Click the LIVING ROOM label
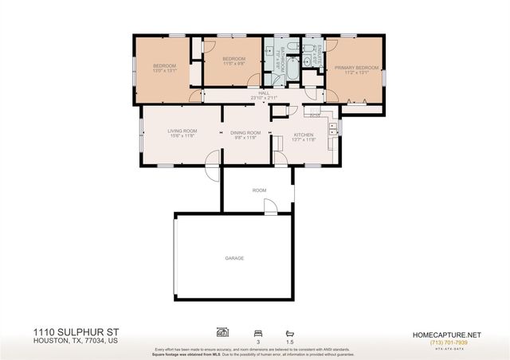pyautogui.click(x=182, y=131)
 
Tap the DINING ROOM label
pyautogui.click(x=246, y=133)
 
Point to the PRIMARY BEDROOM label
pyautogui.click(x=355, y=68)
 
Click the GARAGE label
pyautogui.click(x=234, y=258)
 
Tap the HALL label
pyautogui.click(x=263, y=93)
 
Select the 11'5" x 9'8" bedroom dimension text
pyautogui.click(x=233, y=64)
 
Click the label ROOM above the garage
pyautogui.click(x=259, y=190)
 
